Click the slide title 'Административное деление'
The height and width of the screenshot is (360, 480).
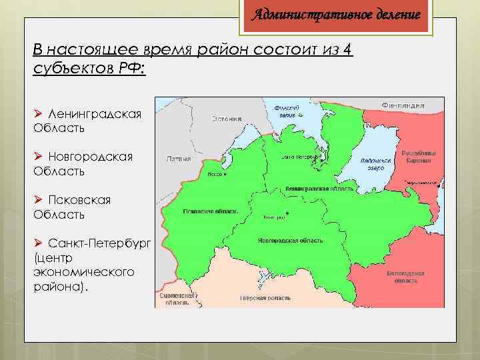pos(335,15)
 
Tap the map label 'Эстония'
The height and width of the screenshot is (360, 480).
pos(227,119)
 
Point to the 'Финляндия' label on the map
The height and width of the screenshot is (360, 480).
pos(403,105)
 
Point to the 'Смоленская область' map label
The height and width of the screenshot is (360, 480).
pos(177,298)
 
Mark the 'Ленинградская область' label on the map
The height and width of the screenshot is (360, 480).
pos(319,189)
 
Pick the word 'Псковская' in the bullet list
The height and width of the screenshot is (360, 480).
pos(79,200)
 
